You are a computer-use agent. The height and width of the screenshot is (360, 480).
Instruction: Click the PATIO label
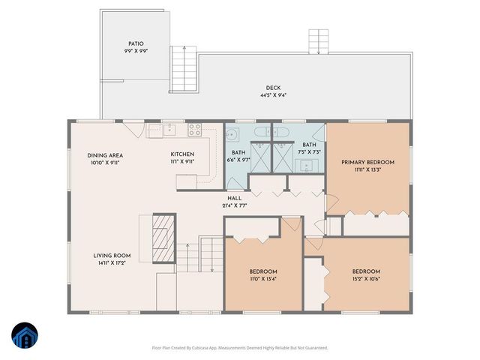(x=135, y=44)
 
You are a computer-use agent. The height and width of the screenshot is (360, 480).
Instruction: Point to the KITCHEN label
(x=182, y=154)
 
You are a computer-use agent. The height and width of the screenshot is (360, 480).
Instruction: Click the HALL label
(x=234, y=198)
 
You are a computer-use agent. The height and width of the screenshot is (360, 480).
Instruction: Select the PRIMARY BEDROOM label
(x=367, y=162)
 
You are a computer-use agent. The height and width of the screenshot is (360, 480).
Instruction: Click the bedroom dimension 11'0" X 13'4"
(x=263, y=278)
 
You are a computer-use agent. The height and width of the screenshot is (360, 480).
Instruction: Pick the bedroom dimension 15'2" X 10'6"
(x=366, y=278)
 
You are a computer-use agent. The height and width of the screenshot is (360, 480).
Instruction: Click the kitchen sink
(x=170, y=129)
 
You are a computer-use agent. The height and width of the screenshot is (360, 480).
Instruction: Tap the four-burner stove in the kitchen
(x=194, y=129)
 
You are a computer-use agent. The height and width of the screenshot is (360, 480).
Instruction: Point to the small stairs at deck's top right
(x=319, y=41)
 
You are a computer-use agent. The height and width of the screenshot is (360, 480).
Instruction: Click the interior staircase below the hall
(x=211, y=255)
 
